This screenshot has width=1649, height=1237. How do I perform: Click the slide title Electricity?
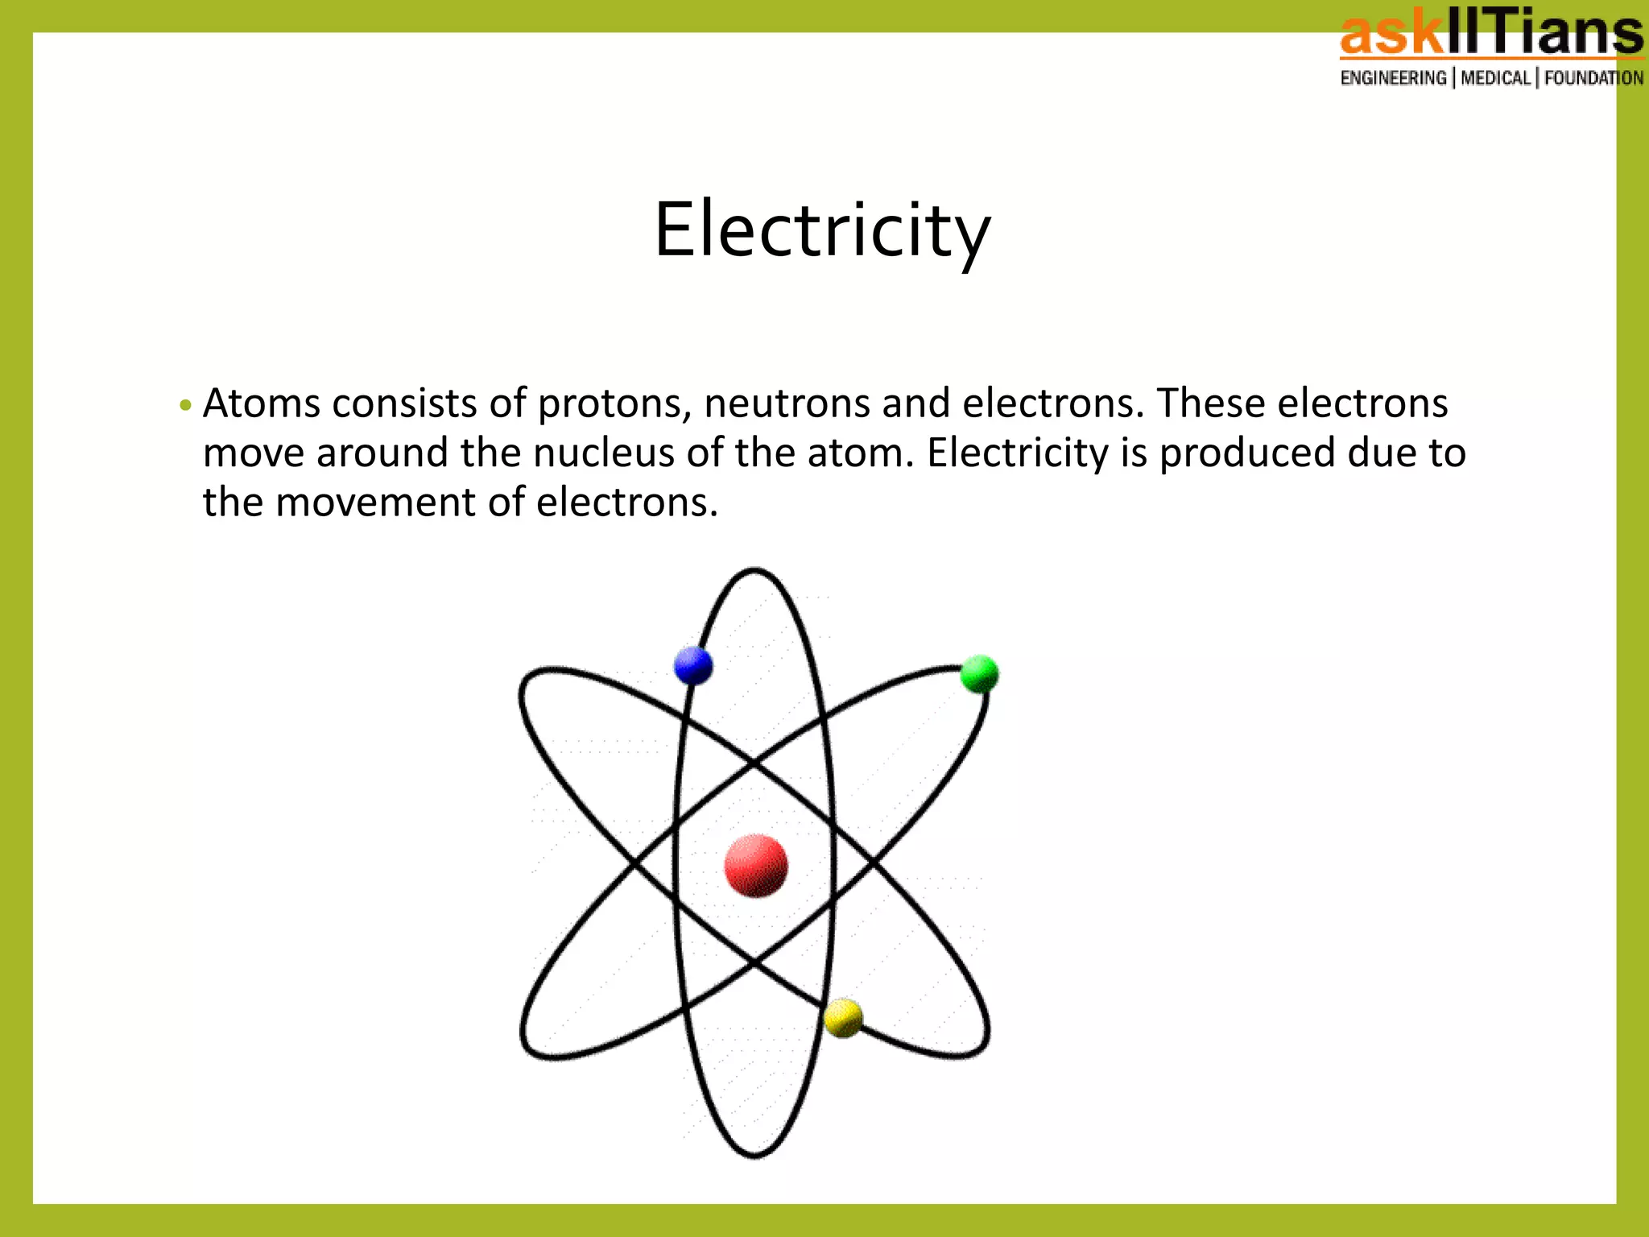click(822, 230)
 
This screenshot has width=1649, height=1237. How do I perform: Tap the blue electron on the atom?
click(692, 665)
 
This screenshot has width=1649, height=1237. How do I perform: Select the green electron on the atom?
click(979, 674)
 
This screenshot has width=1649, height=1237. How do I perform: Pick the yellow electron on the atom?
click(843, 1018)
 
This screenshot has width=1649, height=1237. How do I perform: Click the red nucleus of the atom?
click(755, 866)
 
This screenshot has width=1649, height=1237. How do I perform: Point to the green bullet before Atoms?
click(185, 404)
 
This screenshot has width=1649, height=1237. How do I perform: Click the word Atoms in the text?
click(261, 403)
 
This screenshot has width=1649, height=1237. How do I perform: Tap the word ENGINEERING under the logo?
click(1393, 78)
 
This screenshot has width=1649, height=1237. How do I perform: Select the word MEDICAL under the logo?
click(1494, 78)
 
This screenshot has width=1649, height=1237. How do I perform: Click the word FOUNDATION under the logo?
click(1593, 78)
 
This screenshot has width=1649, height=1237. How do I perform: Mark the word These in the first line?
click(1210, 403)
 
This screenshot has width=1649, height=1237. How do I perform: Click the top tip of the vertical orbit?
click(754, 570)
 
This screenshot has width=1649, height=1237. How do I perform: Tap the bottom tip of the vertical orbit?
click(754, 1156)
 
